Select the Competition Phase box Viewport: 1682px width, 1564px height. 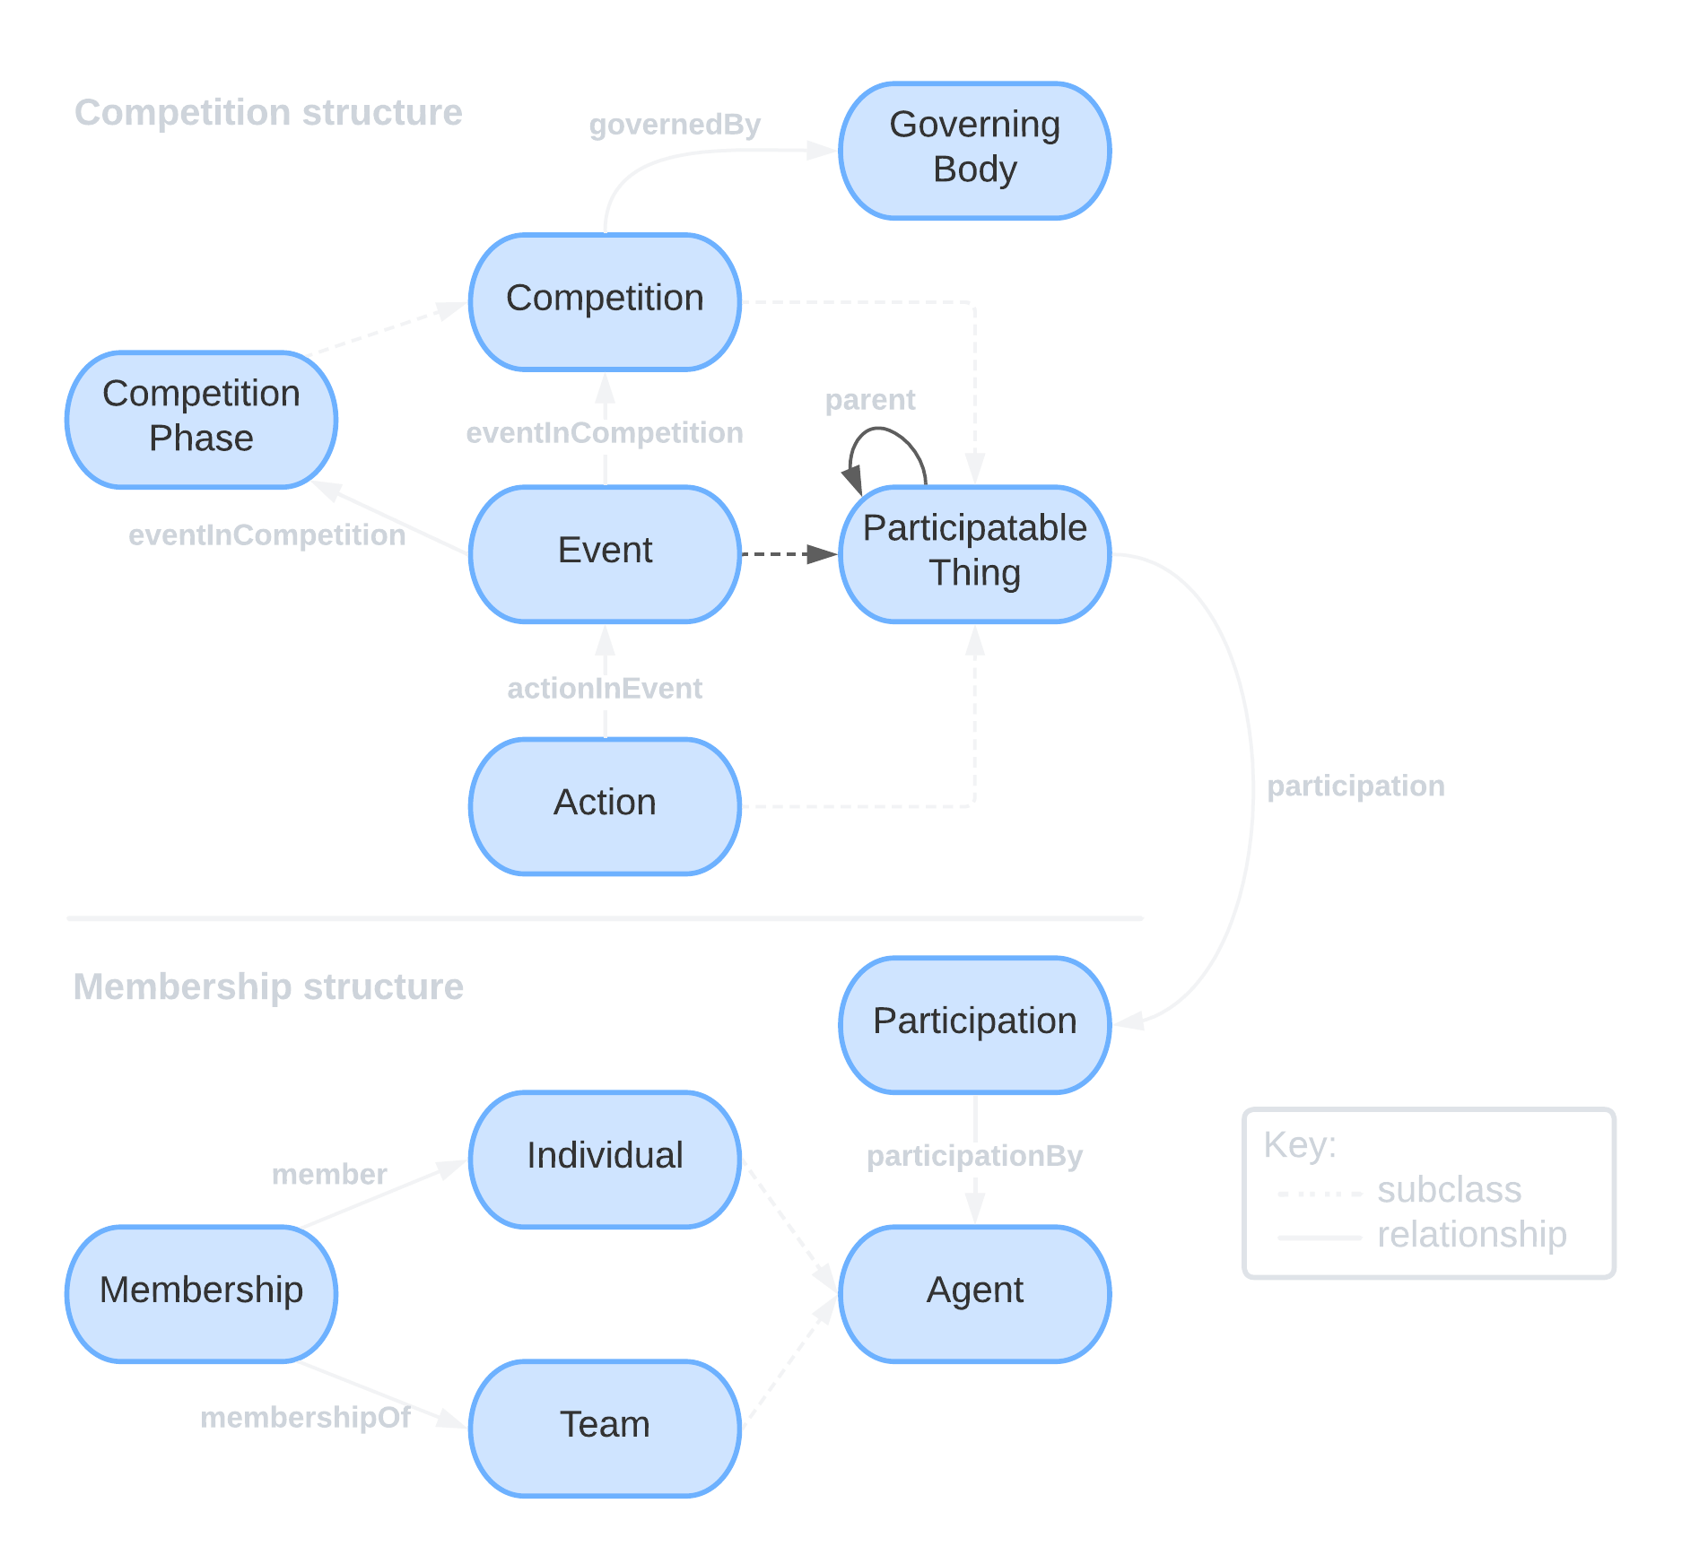tap(201, 420)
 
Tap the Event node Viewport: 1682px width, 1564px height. tap(605, 553)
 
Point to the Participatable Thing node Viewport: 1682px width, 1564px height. tap(974, 553)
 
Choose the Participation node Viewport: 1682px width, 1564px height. tap(974, 1024)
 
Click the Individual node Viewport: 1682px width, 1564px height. tap(605, 1159)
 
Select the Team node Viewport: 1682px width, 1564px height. tap(605, 1428)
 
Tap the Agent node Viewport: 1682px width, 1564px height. tap(974, 1293)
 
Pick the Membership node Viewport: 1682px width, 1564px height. tap(201, 1293)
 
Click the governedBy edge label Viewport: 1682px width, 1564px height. tap(675, 125)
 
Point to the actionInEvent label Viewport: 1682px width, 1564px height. tap(605, 689)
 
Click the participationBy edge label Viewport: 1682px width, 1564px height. tap(974, 1156)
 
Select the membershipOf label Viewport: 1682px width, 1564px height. tap(305, 1418)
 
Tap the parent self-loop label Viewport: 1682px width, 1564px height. tap(870, 400)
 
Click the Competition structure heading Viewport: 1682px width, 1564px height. tap(268, 113)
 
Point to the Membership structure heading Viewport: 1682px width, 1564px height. tap(268, 987)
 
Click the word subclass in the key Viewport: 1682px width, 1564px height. tap(1449, 1191)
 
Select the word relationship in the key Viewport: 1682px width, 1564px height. tap(1471, 1236)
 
